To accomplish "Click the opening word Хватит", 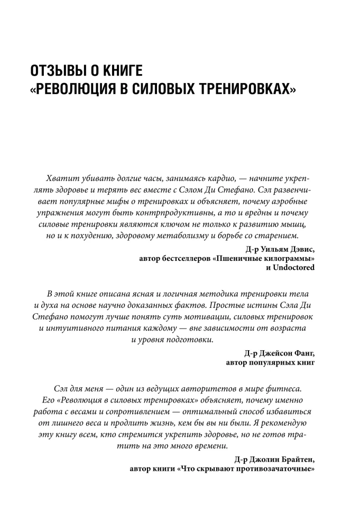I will [x=61, y=181].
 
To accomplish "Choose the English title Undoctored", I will [x=293, y=268].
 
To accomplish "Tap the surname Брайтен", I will [x=296, y=458].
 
